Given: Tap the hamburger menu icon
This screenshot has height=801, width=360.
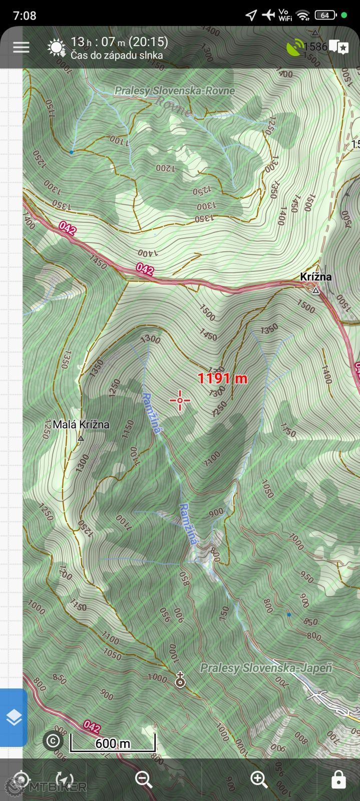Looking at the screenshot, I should pyautogui.click(x=21, y=48).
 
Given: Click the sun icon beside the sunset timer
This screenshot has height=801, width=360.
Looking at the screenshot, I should pyautogui.click(x=56, y=48).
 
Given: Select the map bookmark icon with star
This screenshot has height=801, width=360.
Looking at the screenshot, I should pyautogui.click(x=339, y=48).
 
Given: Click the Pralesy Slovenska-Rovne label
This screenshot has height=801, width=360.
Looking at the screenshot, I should pyautogui.click(x=174, y=91).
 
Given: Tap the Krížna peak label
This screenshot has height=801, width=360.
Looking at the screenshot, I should pyautogui.click(x=315, y=277).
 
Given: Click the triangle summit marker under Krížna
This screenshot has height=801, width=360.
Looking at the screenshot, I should pyautogui.click(x=315, y=290).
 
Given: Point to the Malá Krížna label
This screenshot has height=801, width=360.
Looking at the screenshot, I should pyautogui.click(x=81, y=425).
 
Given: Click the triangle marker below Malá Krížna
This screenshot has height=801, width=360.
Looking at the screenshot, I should pyautogui.click(x=81, y=438).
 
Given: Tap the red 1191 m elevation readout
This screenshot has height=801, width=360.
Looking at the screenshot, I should pyautogui.click(x=222, y=378).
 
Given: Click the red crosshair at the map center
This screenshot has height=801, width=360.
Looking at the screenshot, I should pyautogui.click(x=180, y=400).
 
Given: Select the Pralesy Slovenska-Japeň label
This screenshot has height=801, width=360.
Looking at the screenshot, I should pyautogui.click(x=266, y=668).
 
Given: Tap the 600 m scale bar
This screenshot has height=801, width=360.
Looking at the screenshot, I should pyautogui.click(x=112, y=743).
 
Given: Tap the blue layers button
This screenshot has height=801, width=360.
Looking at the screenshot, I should pyautogui.click(x=14, y=717).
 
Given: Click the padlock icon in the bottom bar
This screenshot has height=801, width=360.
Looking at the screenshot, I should pyautogui.click(x=338, y=779).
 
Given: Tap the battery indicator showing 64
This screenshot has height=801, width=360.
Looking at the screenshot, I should pyautogui.click(x=325, y=15).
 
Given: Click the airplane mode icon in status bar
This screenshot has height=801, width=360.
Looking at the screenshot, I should pyautogui.click(x=268, y=15).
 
